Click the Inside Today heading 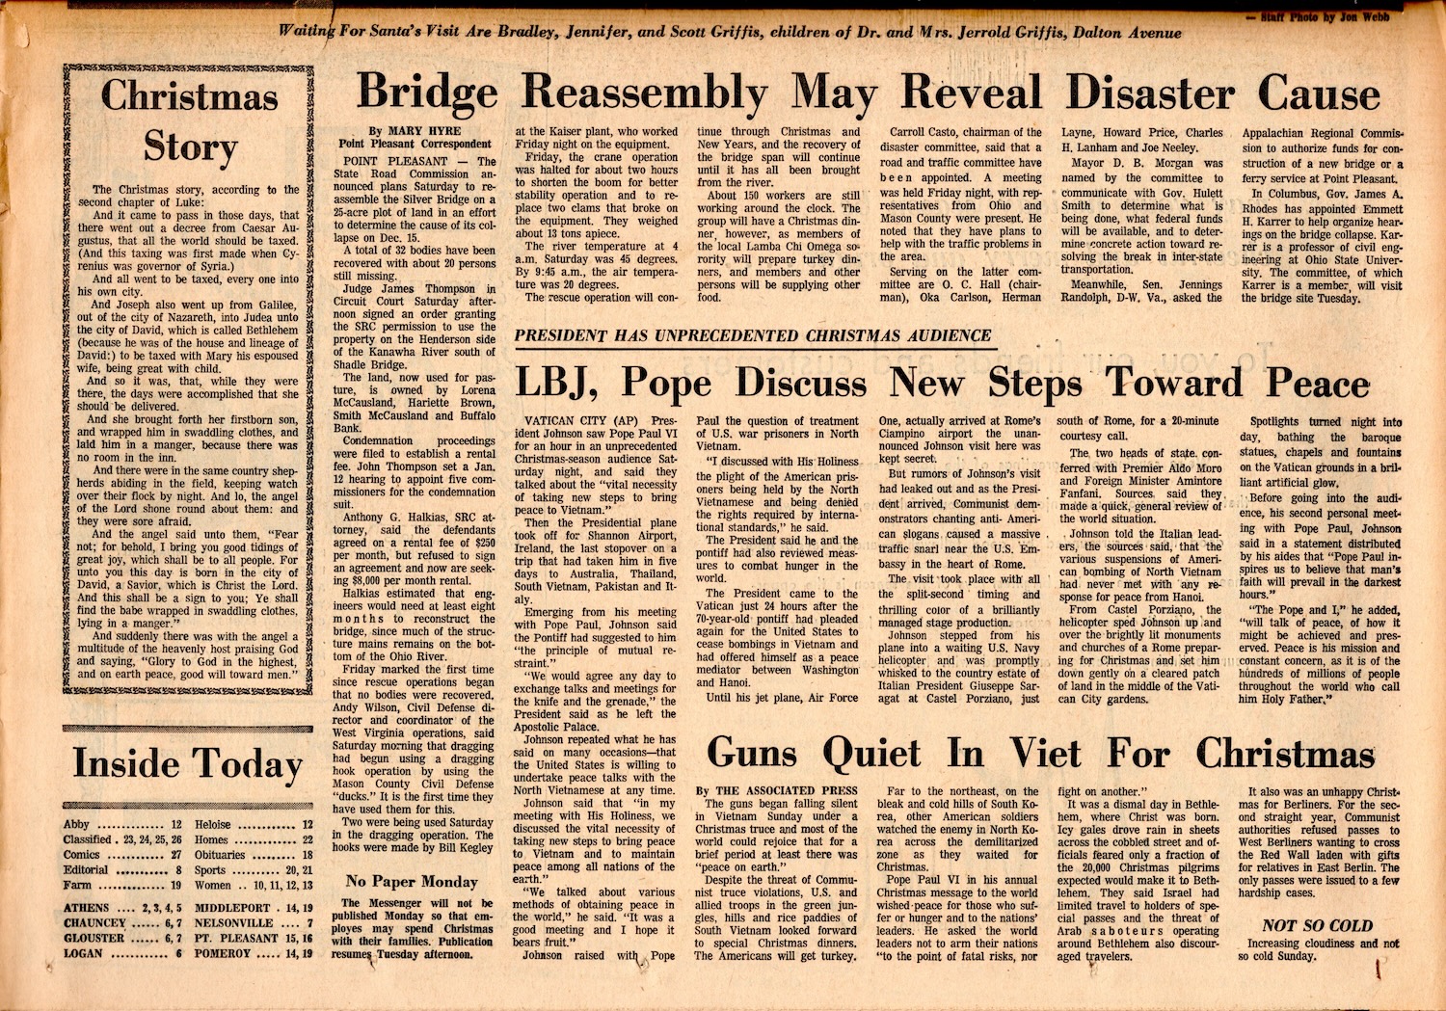(188, 764)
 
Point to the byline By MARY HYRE (415, 131)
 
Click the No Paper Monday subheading (412, 881)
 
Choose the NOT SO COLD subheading (1317, 925)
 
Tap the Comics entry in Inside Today (82, 855)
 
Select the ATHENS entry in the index (87, 908)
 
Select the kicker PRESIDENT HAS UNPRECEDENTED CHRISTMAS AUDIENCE (753, 335)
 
